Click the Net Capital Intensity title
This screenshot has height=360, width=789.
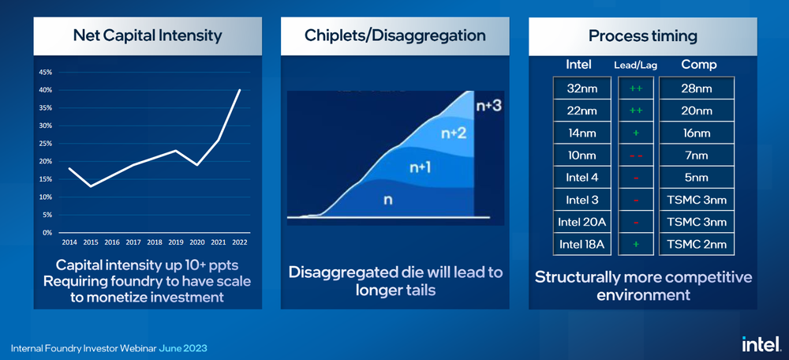tap(147, 36)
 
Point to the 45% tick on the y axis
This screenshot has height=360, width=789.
tap(47, 72)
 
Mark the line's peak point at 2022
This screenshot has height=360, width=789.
tap(240, 90)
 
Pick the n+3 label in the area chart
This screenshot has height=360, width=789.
tap(488, 105)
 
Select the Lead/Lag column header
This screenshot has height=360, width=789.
tap(635, 65)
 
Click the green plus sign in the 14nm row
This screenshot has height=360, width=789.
tap(635, 133)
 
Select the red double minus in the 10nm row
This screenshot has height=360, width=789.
tap(635, 156)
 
